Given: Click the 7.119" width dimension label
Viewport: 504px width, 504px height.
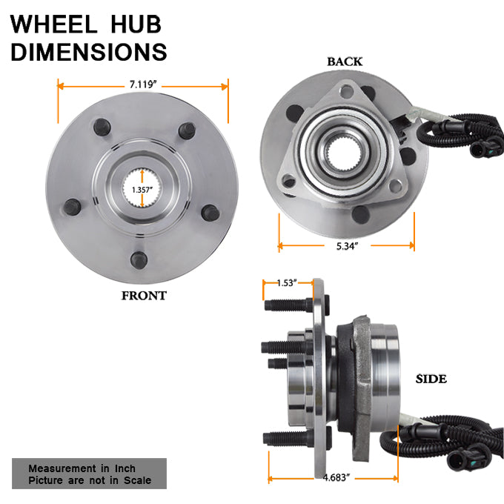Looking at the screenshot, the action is (143, 84).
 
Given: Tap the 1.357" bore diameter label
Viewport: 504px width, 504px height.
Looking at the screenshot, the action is (142, 190).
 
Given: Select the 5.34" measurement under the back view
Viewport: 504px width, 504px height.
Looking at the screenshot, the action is (347, 246).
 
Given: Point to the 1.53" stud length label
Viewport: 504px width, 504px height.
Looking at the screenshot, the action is (287, 283).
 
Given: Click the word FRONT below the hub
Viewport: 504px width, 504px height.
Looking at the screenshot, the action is (144, 296).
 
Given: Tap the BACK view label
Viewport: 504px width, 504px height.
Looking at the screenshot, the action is (345, 62).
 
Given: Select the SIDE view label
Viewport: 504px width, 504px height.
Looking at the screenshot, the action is (431, 379).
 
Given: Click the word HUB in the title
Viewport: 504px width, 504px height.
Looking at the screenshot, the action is (136, 24).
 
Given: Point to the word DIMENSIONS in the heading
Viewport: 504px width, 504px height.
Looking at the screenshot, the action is (89, 51).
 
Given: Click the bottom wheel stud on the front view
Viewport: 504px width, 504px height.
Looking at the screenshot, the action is (139, 260).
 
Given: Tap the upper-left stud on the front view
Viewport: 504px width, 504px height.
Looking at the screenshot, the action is (102, 127).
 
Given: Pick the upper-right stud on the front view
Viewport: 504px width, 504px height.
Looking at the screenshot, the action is (187, 130).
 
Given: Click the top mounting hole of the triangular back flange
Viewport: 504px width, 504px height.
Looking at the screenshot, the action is (347, 91).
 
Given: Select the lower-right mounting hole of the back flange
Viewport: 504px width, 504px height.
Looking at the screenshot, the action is (395, 187).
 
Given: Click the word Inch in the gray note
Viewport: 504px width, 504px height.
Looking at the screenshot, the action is (125, 468).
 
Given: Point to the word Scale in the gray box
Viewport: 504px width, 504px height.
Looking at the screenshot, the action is (138, 480).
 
